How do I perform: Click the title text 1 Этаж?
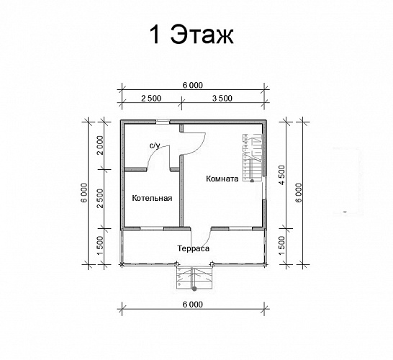pos(191,35)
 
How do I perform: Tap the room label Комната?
pos(222,179)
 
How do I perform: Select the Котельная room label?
pos(152,198)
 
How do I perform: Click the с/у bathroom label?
pos(154,145)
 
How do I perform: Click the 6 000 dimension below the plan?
pos(192,304)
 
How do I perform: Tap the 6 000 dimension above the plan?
pos(192,85)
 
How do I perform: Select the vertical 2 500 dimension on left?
pos(101,198)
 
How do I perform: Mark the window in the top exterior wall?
pos(163,120)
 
